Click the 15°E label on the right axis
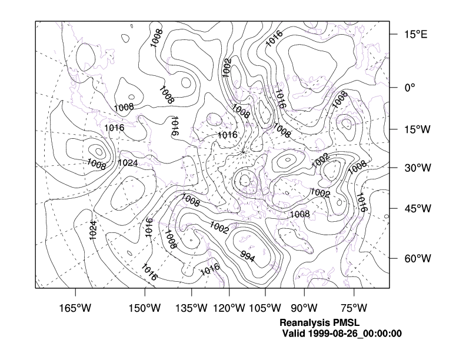click(x=415, y=35)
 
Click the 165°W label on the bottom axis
click(x=75, y=308)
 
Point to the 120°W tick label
click(x=229, y=308)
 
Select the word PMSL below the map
click(x=346, y=323)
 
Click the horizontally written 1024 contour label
click(x=128, y=162)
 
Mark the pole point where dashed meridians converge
click(x=243, y=152)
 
